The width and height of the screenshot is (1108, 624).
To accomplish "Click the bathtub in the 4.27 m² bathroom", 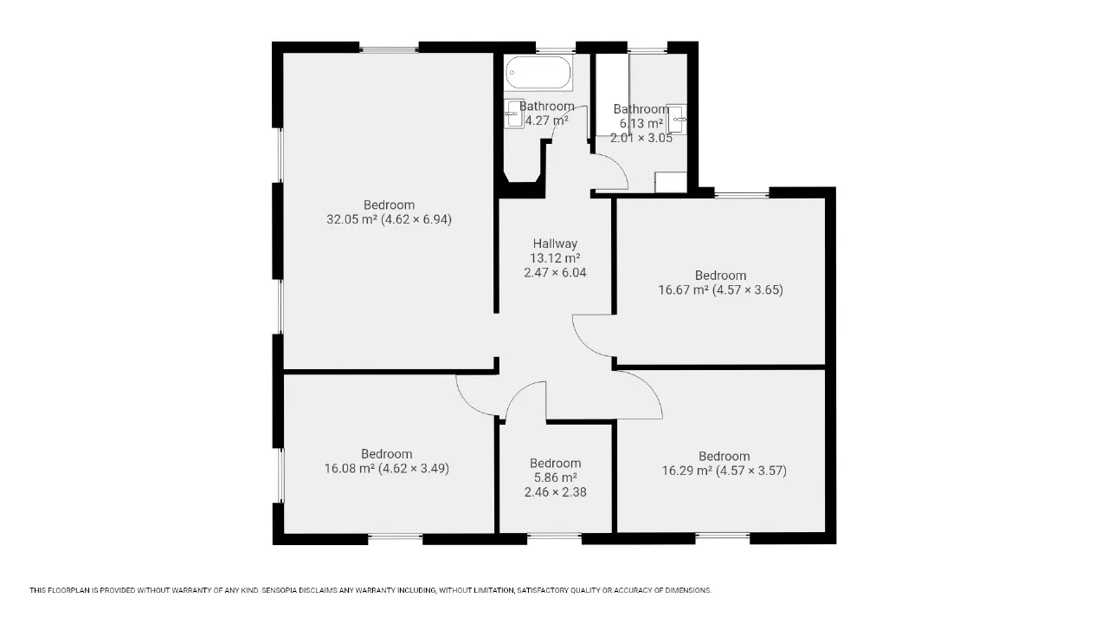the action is (538, 72).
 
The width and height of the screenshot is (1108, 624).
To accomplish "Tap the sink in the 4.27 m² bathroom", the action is (514, 114).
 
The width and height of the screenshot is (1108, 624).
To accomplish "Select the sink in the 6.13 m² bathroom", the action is (676, 120).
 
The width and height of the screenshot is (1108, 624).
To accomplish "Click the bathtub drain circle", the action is (512, 72).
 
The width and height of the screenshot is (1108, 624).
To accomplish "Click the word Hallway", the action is (555, 244).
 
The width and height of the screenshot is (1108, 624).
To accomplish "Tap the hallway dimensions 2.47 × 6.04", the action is (555, 272).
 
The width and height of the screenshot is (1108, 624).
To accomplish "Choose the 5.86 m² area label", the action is (555, 478).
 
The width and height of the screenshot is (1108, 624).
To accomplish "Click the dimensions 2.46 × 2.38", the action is (555, 492).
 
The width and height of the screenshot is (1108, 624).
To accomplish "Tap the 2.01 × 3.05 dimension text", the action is (641, 138).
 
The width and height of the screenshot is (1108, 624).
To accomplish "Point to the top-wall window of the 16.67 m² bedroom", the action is (742, 193).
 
